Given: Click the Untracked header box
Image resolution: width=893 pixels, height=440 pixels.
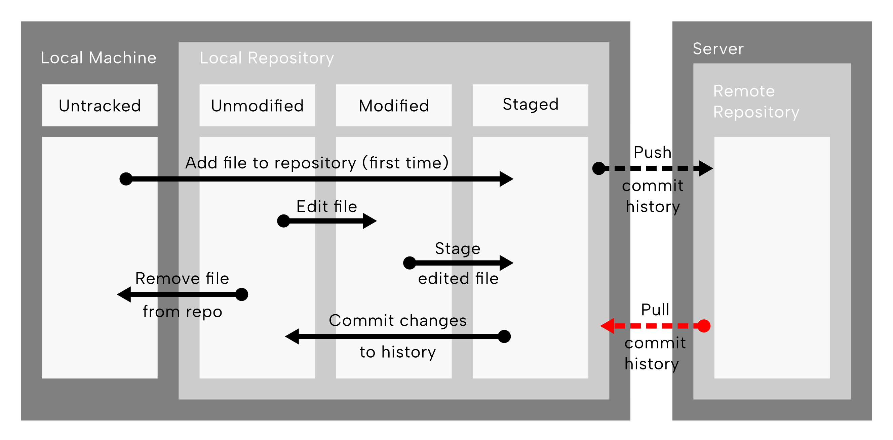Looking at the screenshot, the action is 100,105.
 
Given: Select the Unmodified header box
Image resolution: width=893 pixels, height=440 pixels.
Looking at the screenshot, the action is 257,105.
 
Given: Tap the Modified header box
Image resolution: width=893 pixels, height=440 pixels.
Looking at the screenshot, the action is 394,105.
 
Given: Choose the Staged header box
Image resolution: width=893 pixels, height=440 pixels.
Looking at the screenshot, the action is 531,105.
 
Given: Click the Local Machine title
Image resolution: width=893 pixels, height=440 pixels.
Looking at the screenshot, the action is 99,57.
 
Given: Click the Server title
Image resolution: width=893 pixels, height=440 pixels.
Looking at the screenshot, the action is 718,48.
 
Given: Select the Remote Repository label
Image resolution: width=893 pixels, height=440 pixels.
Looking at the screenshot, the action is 756,102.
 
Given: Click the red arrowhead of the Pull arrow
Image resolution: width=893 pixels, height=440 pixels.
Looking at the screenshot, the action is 607,326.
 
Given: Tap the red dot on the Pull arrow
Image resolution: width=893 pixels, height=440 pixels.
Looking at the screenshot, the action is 704,326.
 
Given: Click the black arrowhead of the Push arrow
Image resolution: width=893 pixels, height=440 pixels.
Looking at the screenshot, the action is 706,168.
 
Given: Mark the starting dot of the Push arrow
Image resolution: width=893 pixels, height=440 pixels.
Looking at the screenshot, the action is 599,168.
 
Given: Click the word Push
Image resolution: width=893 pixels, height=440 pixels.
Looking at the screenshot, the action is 652,153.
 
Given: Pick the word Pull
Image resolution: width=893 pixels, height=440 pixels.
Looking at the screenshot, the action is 655,310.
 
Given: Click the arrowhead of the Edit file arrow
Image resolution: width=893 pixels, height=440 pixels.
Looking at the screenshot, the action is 370,221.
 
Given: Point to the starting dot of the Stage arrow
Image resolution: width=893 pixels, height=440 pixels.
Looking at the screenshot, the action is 410,263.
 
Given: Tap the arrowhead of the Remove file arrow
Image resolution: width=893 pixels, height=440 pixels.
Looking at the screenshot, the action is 124,294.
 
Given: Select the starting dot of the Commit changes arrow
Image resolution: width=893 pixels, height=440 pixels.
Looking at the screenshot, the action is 504,336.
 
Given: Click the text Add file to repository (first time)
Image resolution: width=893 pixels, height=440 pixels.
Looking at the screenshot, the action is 317,163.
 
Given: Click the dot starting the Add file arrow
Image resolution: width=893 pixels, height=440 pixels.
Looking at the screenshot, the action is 126,179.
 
